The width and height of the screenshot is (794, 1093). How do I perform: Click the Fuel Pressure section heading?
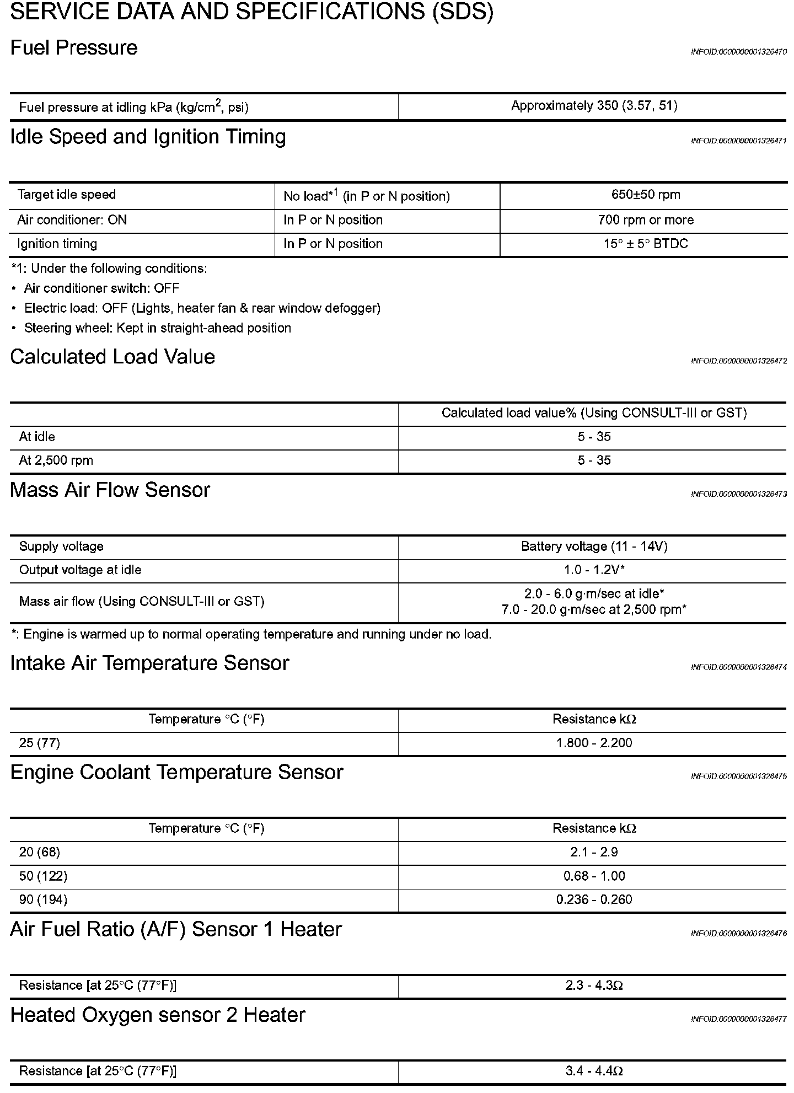pyautogui.click(x=74, y=48)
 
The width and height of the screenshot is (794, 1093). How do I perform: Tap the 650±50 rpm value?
pyautogui.click(x=646, y=195)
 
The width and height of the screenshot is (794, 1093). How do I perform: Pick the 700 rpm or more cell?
pyautogui.click(x=646, y=220)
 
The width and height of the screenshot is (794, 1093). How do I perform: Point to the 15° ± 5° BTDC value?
pyautogui.click(x=646, y=244)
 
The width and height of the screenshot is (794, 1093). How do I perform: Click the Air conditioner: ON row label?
pyautogui.click(x=72, y=220)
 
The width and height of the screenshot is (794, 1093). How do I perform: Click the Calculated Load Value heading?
pyautogui.click(x=112, y=357)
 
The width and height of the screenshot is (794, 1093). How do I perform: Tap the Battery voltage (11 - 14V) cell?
pyautogui.click(x=594, y=546)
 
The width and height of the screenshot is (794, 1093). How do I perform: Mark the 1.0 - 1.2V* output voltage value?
pyautogui.click(x=594, y=570)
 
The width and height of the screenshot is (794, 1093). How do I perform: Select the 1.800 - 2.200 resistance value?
pyautogui.click(x=594, y=743)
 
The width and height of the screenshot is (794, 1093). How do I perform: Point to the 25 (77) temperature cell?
pyautogui.click(x=40, y=743)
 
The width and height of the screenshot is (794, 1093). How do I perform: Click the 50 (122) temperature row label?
pyautogui.click(x=43, y=876)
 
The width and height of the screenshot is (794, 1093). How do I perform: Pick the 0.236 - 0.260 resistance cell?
pyautogui.click(x=594, y=899)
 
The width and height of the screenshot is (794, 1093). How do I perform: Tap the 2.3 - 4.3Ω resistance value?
pyautogui.click(x=594, y=985)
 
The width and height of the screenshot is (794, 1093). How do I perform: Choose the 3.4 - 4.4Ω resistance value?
pyautogui.click(x=594, y=1071)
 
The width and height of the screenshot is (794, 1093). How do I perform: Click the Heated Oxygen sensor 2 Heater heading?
pyautogui.click(x=158, y=1015)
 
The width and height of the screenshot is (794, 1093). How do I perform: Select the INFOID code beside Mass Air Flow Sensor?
pyautogui.click(x=738, y=494)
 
